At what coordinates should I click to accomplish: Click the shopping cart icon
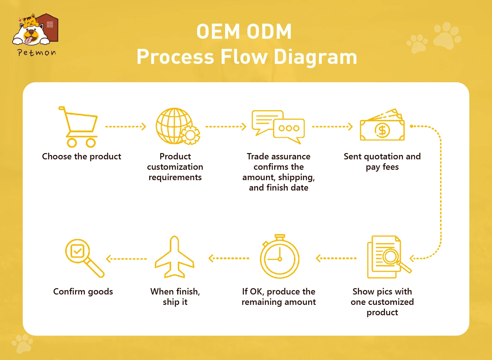tap(78, 127)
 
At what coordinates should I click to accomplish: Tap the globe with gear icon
tap(178, 126)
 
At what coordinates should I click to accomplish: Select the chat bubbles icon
tap(278, 127)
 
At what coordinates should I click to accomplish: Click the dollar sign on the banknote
tap(382, 130)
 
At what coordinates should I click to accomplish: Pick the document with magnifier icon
tap(389, 257)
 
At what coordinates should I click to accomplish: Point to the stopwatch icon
tap(280, 256)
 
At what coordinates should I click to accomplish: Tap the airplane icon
tap(174, 257)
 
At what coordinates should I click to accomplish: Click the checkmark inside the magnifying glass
tap(77, 251)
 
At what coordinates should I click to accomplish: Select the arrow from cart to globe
tap(126, 127)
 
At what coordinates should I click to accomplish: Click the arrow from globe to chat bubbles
tap(226, 127)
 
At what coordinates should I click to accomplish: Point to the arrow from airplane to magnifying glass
tap(127, 259)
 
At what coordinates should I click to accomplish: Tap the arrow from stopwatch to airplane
tap(229, 258)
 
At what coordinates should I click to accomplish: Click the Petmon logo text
tap(37, 53)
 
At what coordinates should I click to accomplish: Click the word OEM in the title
tap(218, 31)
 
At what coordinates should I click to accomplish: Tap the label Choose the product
tap(82, 157)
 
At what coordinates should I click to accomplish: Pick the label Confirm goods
tap(83, 292)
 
